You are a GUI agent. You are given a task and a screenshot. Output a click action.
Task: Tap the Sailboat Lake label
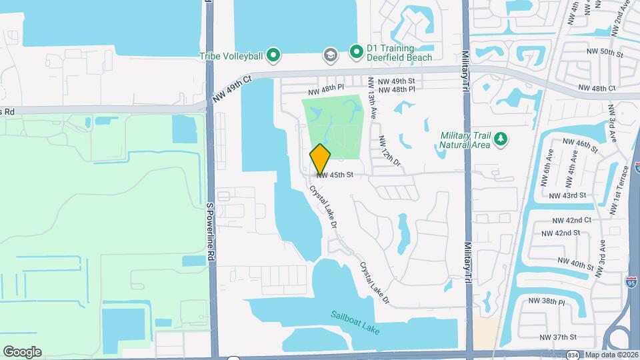[x=355, y=321]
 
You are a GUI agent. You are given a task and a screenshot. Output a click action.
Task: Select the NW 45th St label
[x=334, y=175]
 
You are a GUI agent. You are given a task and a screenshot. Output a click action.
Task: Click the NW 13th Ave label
[x=373, y=99]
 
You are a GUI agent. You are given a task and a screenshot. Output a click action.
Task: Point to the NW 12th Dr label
[x=390, y=151]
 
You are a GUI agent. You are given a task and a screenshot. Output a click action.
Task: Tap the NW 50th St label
[x=604, y=51]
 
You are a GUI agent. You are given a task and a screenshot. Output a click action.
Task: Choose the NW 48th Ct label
[x=597, y=88]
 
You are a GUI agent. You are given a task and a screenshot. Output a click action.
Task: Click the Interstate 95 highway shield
[x=631, y=283]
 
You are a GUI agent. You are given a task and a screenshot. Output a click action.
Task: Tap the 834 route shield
[x=573, y=355]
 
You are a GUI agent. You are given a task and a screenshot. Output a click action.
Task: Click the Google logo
[x=23, y=351]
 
